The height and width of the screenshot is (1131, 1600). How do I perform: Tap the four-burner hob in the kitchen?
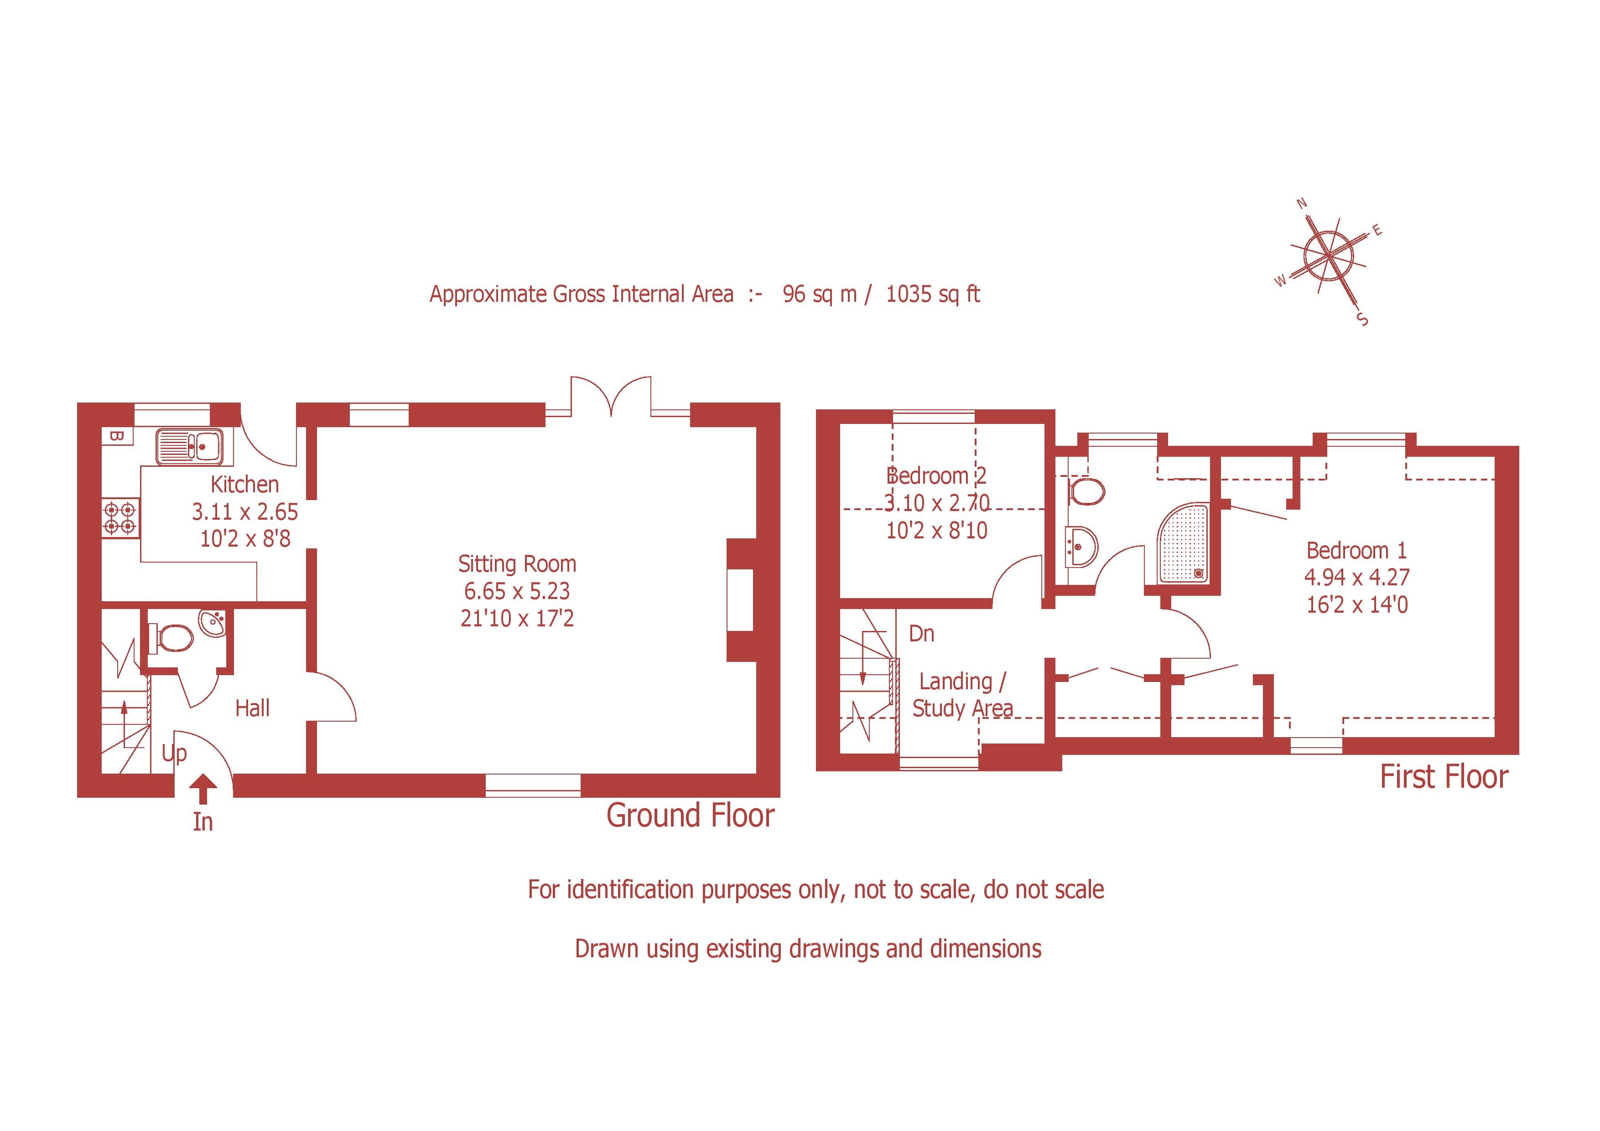click(x=120, y=518)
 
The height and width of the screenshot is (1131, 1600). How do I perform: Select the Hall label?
click(x=252, y=708)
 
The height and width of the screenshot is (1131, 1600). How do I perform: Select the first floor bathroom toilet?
click(x=1086, y=491)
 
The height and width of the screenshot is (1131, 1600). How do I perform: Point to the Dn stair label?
click(x=921, y=634)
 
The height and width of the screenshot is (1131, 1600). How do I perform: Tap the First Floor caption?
click(x=1444, y=777)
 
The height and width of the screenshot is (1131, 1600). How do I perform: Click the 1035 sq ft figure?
click(x=932, y=294)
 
